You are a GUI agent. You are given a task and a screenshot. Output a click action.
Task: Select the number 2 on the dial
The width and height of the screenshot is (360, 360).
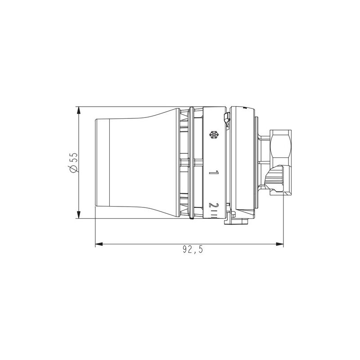[x=215, y=206]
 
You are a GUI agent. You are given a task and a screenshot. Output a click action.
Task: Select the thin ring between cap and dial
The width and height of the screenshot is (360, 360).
[x=192, y=162]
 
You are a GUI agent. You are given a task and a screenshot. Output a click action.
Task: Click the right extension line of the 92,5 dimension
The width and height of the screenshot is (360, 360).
[x=283, y=220]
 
